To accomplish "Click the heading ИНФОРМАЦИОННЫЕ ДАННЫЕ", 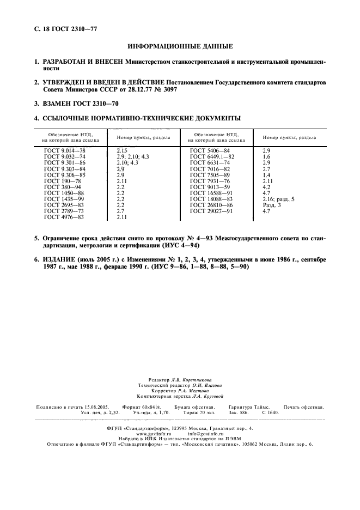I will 180,46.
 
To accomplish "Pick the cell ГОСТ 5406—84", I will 210,150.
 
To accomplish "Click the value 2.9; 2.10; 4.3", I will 133,156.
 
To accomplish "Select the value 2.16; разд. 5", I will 278,198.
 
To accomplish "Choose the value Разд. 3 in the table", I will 272,204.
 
